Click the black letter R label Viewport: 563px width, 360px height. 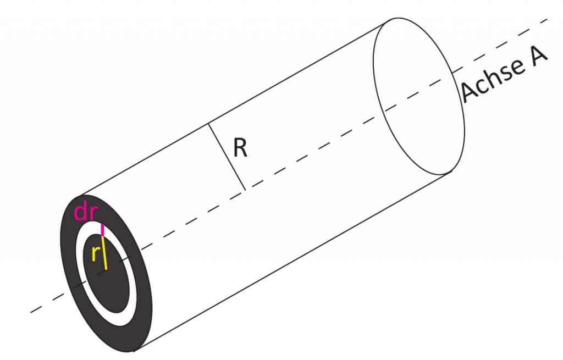pyautogui.click(x=240, y=147)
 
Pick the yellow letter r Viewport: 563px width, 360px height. pyautogui.click(x=95, y=254)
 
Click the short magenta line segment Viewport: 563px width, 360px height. pyautogui.click(x=102, y=230)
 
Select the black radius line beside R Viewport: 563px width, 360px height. pyautogui.click(x=227, y=157)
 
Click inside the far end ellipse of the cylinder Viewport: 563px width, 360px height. pyautogui.click(x=418, y=96)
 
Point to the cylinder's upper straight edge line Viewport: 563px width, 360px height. pyautogui.click(x=235, y=108)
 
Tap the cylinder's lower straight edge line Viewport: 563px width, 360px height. pyautogui.click(x=292, y=261)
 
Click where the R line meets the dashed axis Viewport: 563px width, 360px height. pyautogui.click(x=246, y=190)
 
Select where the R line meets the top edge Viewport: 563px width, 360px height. pyautogui.click(x=208, y=124)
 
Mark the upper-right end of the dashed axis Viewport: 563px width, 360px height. pyautogui.click(x=547, y=19)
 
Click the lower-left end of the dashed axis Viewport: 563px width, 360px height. pyautogui.click(x=31, y=312)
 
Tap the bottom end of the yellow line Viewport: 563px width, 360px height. pyautogui.click(x=106, y=269)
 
